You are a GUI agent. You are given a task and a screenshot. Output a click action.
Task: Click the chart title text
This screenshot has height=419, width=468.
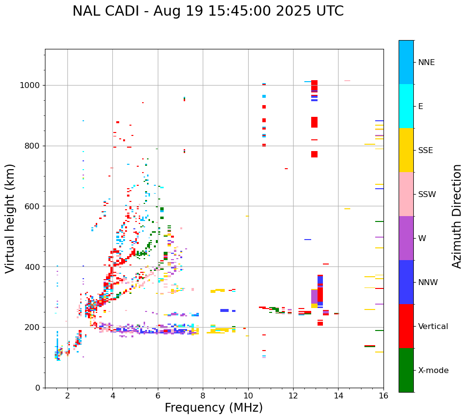[x=208, y=11]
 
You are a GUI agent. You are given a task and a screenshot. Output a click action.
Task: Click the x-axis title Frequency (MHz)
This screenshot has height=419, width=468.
[x=213, y=408]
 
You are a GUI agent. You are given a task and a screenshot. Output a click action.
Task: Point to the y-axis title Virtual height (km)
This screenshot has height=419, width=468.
[x=10, y=219]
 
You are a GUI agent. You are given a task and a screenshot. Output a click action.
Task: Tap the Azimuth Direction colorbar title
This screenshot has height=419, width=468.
[x=457, y=216]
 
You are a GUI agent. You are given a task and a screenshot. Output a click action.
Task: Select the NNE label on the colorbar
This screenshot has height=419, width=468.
[x=426, y=63]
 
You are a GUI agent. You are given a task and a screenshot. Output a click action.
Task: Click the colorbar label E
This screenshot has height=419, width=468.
[x=420, y=107]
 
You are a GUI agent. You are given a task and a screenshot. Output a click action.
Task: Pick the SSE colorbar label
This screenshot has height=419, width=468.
[x=425, y=151]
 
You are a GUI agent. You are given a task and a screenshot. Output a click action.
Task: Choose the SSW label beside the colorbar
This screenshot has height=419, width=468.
[x=426, y=195]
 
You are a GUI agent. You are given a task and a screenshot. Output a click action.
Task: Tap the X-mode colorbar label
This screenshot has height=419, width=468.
[x=433, y=371]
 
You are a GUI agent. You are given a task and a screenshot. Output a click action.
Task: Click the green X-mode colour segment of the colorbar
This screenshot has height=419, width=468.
[x=406, y=370]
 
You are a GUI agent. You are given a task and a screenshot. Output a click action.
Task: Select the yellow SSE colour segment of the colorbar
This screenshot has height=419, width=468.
[x=406, y=150]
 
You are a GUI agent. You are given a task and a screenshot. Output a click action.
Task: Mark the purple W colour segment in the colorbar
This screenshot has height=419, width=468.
[x=406, y=238]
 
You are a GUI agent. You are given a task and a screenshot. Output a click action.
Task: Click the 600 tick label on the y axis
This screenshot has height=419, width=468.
[x=34, y=206]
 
